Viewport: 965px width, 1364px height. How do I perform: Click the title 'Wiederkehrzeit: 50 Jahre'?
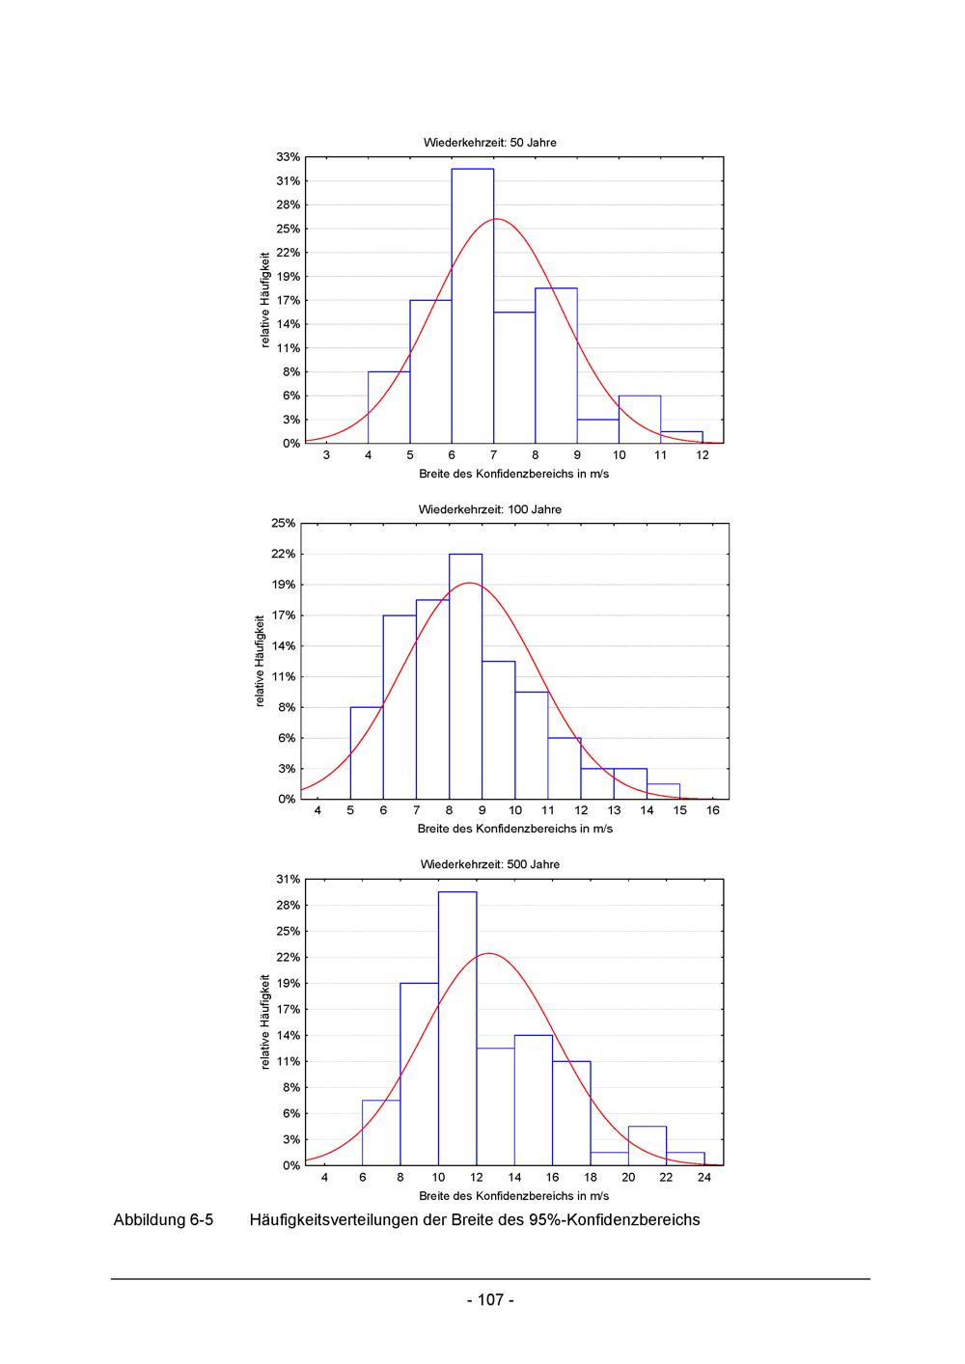pos(489,143)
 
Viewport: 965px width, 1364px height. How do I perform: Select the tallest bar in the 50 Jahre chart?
pos(472,306)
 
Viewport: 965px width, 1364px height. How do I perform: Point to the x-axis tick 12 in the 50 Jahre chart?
pos(703,455)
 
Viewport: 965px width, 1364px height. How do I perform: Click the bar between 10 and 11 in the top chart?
pos(640,420)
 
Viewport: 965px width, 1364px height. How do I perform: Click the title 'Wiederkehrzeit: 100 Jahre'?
pos(489,509)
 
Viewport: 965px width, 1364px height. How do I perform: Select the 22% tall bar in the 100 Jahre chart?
pos(465,675)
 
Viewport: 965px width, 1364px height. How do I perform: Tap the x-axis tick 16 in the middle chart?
pos(713,810)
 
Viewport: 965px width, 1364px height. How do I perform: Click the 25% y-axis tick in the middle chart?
pos(284,524)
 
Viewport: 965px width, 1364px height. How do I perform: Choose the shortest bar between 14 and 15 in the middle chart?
pos(664,792)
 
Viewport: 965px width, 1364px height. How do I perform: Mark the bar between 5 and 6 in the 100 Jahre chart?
pos(367,753)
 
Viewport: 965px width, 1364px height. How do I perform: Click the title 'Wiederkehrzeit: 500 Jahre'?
pos(489,864)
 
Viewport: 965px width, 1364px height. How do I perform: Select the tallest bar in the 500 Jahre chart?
pos(457,1028)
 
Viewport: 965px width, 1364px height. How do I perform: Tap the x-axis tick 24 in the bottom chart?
pos(704,1177)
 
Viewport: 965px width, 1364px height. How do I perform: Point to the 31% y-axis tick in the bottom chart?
pos(289,880)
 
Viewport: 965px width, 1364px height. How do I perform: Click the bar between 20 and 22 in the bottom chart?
pos(648,1146)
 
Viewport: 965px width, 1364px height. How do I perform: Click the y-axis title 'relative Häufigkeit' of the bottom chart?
pos(265,1022)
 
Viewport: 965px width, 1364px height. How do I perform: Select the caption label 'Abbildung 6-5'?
pos(163,1220)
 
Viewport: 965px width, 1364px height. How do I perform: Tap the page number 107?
pos(490,1300)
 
